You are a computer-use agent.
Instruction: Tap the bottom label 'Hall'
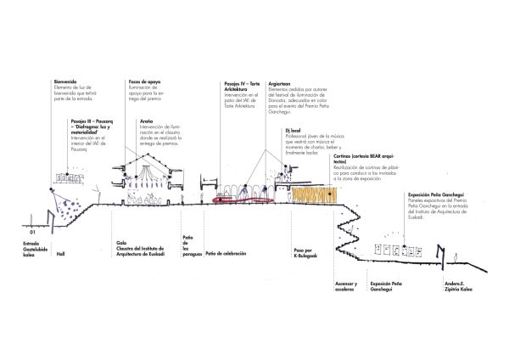[x=59, y=254]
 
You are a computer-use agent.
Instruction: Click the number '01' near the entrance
[x=32, y=231]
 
